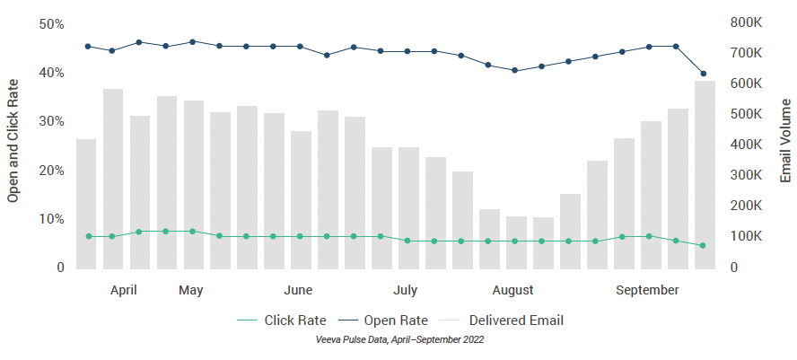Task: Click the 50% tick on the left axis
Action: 51,23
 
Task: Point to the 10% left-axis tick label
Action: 51,219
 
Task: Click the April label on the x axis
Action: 123,290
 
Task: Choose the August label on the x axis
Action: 512,290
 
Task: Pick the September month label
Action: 647,290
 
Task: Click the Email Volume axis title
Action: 784,143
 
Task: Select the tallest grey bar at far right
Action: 705,174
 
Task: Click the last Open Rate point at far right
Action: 704,74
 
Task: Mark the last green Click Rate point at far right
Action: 704,245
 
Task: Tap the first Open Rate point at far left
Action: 87,46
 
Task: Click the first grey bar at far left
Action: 86,204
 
